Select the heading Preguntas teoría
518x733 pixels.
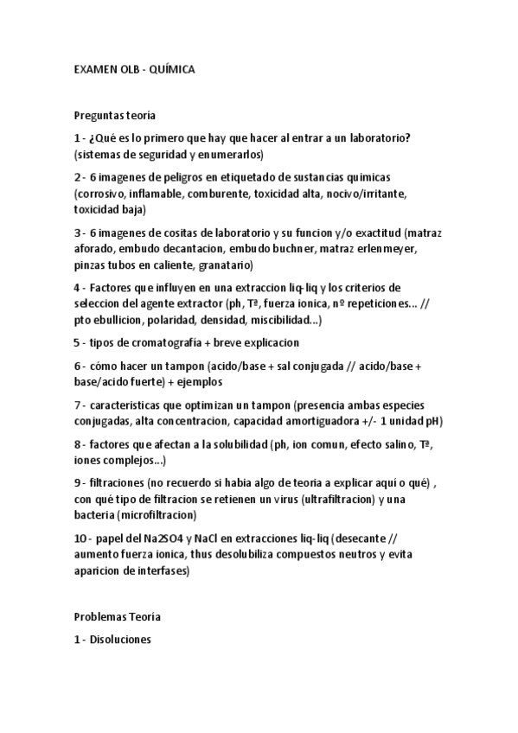pos(114,114)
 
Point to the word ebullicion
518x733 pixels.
pos(117,321)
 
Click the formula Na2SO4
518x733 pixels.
pos(163,539)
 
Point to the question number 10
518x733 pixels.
pos(80,539)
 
